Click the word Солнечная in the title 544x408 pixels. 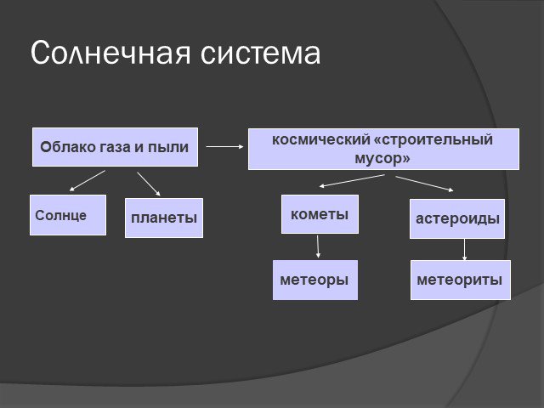pyautogui.click(x=110, y=53)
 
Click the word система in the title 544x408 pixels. pyautogui.click(x=261, y=54)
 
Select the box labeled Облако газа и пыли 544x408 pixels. pyautogui.click(x=116, y=147)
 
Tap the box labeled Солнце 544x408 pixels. pyautogui.click(x=68, y=215)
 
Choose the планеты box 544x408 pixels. pyautogui.click(x=164, y=218)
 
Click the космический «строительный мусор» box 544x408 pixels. pyautogui.click(x=383, y=150)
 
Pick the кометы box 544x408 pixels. pyautogui.click(x=320, y=214)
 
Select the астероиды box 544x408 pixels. pyautogui.click(x=457, y=218)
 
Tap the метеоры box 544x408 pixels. pyautogui.click(x=315, y=280)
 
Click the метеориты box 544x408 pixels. pyautogui.click(x=461, y=280)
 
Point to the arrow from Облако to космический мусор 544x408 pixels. pyautogui.click(x=224, y=147)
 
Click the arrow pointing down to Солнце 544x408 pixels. pyautogui.click(x=87, y=181)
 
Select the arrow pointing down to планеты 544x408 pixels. pyautogui.click(x=149, y=184)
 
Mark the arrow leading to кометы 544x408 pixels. pyautogui.click(x=352, y=181)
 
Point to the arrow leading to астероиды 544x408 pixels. pyautogui.click(x=424, y=184)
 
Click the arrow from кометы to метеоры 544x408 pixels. pyautogui.click(x=318, y=246)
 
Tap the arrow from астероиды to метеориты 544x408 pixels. pyautogui.click(x=465, y=249)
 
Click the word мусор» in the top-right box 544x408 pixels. pyautogui.click(x=382, y=159)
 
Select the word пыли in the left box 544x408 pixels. pyautogui.click(x=168, y=147)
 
